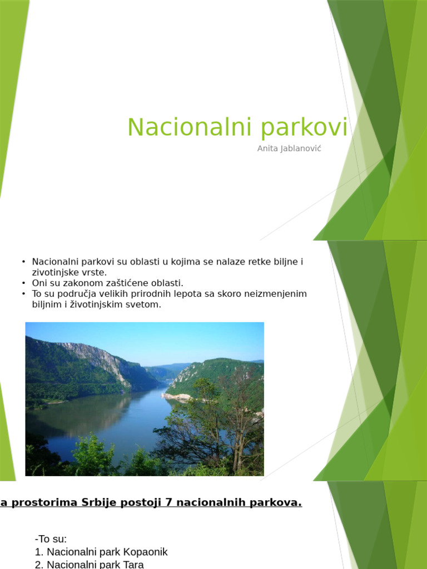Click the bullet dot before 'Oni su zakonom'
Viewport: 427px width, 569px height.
pos(24,283)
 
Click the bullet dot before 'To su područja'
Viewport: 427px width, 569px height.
pos(24,293)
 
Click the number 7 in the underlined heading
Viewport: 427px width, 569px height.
pos(168,502)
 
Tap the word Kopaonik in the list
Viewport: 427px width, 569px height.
pos(145,552)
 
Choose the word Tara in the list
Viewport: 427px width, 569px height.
pos(133,565)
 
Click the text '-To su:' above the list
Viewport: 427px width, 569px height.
pos(51,539)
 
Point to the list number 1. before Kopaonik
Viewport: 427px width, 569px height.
pos(39,552)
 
